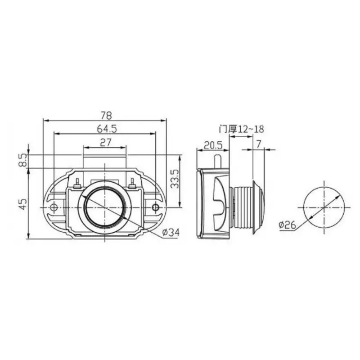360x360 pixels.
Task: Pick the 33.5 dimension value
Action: pos(176,179)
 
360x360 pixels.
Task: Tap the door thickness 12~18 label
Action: pos(241,129)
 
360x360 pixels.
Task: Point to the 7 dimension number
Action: pos(257,144)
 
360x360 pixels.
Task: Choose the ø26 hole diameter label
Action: pos(288,224)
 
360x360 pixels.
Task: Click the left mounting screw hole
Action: pos(54,207)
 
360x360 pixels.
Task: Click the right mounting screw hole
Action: pos(156,207)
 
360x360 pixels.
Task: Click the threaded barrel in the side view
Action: pos(241,207)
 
